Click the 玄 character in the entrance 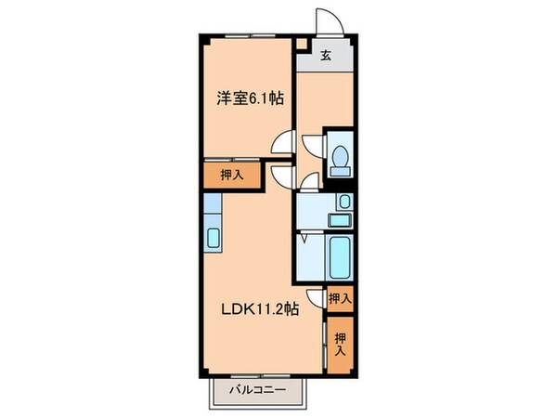326,56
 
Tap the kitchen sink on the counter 213,238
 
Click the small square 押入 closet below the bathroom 340,298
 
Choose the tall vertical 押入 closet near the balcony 340,346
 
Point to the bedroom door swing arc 281,144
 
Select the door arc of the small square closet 316,298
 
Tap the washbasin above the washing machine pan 344,202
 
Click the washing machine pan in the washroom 340,220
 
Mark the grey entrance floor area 326,58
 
